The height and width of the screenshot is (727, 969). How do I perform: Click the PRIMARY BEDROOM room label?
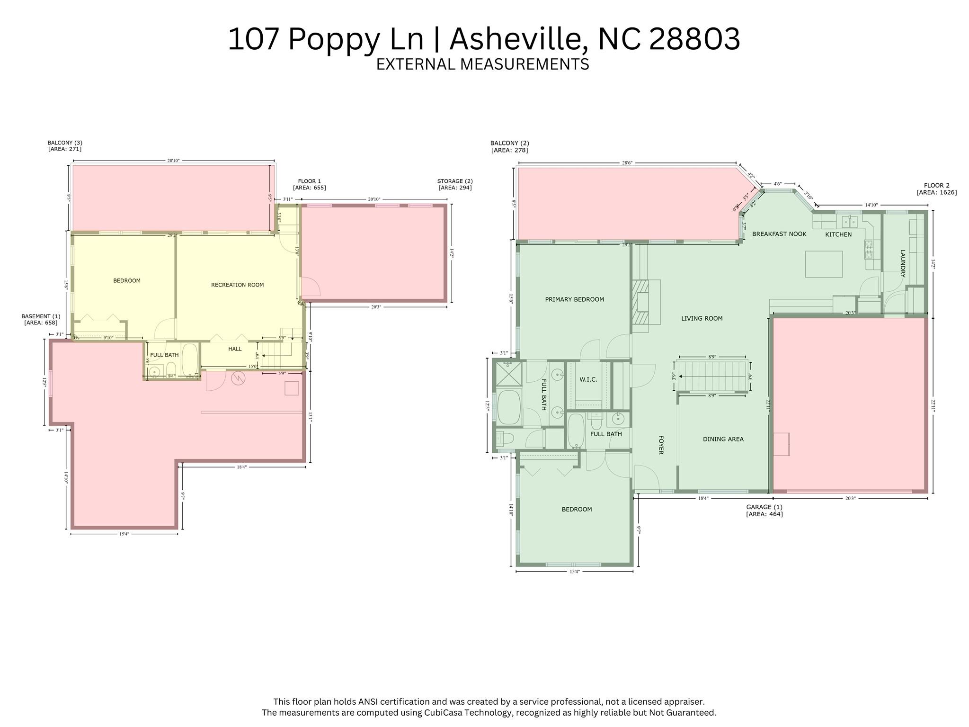click(x=574, y=299)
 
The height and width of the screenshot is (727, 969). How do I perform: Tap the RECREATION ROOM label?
click(x=237, y=285)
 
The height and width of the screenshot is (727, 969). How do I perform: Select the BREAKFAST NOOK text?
click(x=779, y=234)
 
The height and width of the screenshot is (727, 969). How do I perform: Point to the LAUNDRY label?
click(x=902, y=263)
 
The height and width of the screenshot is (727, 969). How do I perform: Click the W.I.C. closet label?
click(x=588, y=379)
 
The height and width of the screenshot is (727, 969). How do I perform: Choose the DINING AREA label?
click(x=723, y=439)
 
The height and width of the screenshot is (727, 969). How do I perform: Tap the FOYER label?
click(x=661, y=445)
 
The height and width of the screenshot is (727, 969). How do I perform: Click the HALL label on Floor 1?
click(x=235, y=349)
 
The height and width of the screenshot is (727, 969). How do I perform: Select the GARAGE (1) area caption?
click(x=764, y=511)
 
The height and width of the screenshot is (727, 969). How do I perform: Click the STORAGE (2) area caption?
click(x=454, y=184)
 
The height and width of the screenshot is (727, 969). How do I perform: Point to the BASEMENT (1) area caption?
click(x=41, y=319)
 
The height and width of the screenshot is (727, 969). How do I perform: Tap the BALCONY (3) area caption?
click(x=65, y=145)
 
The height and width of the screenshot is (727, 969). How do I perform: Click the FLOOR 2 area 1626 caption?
click(x=936, y=189)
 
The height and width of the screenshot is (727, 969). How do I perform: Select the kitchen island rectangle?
click(x=824, y=264)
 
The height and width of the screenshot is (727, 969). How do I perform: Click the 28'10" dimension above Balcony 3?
click(x=173, y=161)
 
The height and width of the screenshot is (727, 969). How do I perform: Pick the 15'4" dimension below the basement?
click(x=124, y=534)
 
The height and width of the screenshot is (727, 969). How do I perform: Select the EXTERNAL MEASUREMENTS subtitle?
click(x=482, y=64)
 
